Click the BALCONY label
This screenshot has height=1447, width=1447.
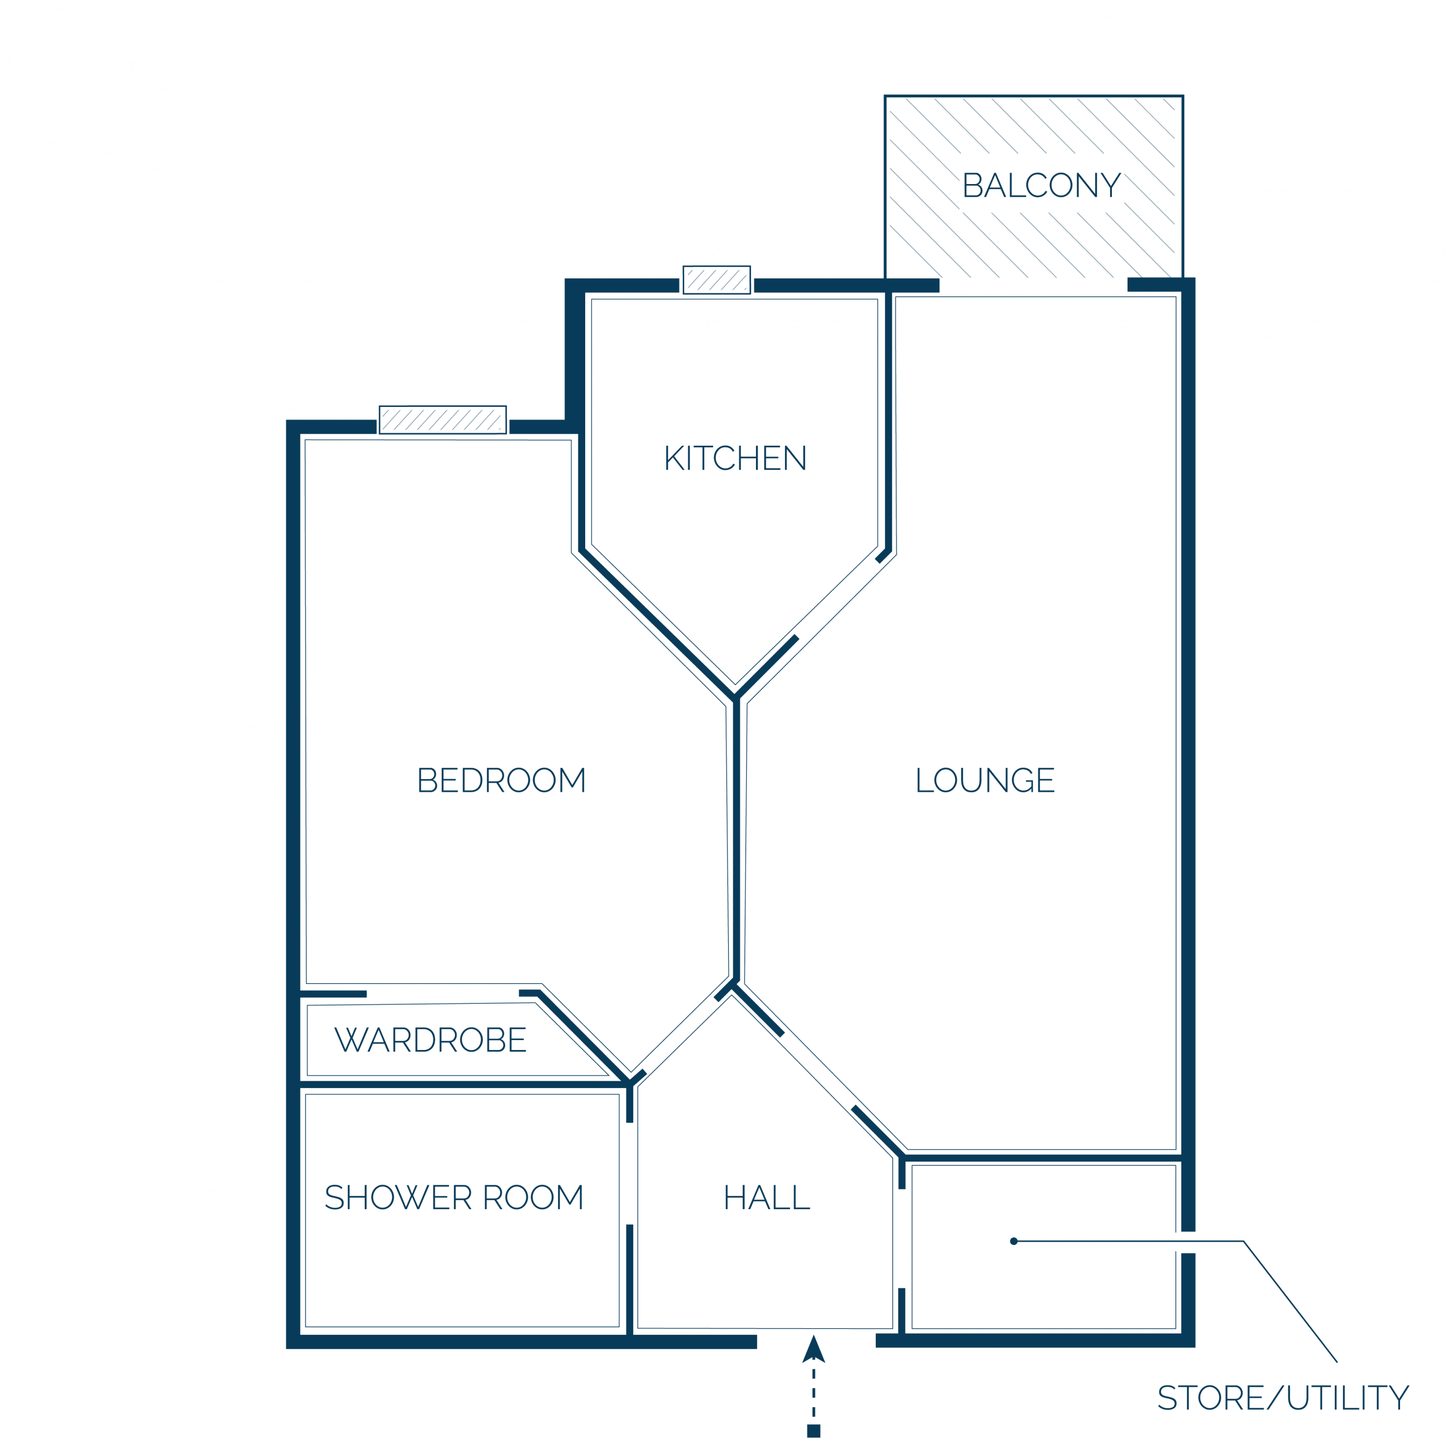click(1042, 185)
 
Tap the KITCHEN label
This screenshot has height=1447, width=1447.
click(736, 458)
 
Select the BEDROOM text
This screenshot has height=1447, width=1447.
click(501, 780)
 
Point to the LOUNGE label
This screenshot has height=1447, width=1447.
click(985, 780)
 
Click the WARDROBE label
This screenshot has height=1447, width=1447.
click(431, 1040)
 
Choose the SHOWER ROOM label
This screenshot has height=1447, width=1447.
click(454, 1197)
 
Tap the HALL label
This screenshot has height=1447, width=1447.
click(767, 1197)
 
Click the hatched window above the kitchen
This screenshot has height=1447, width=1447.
click(717, 280)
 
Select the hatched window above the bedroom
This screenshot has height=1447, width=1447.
click(443, 420)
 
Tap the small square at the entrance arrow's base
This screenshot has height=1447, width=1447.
click(813, 1431)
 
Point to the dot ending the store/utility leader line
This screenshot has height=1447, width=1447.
click(1013, 1241)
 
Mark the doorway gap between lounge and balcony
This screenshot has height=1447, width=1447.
click(1034, 285)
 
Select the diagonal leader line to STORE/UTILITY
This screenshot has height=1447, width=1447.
click(1291, 1302)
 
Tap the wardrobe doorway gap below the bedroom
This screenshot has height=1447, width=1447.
click(443, 994)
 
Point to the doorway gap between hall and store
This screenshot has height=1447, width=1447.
click(902, 1238)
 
